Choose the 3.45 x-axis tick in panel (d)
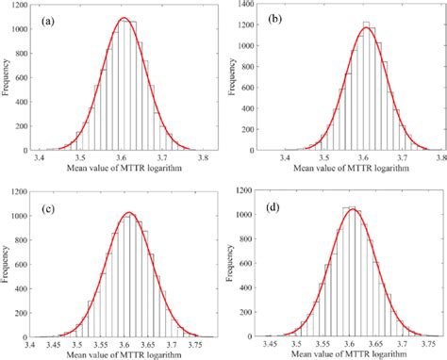coord(272,346)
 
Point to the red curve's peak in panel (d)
coord(352,209)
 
